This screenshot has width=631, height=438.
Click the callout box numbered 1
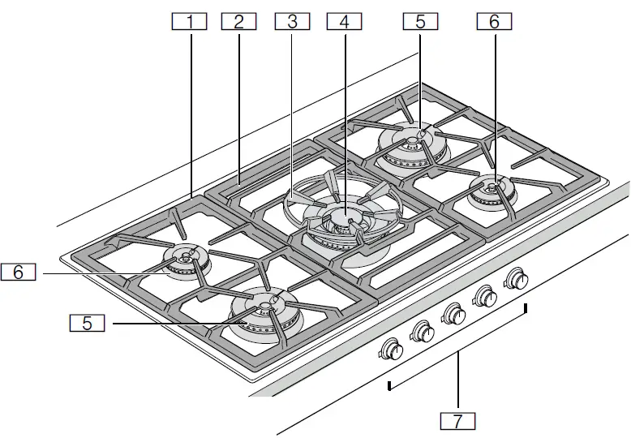191,22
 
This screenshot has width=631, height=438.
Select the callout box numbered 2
238,22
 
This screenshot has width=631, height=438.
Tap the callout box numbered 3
292,22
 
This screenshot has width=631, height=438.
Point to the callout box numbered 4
344,22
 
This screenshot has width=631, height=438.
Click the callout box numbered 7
457,421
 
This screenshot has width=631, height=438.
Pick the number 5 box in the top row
420,22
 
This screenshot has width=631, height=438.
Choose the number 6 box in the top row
494,22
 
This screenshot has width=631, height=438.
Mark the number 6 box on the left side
18,273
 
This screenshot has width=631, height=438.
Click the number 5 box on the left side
87,323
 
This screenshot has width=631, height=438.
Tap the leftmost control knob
393,349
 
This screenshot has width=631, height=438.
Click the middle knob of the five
453,313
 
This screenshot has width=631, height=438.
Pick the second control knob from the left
423,330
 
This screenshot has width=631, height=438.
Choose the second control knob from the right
486,296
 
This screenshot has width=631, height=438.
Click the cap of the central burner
346,217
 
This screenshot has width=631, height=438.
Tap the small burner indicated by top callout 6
491,189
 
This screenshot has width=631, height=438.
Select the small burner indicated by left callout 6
186,258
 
